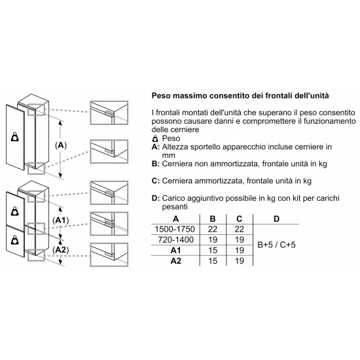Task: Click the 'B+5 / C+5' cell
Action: click(277, 243)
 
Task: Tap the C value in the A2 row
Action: click(239, 261)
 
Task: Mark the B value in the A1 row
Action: click(212, 249)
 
